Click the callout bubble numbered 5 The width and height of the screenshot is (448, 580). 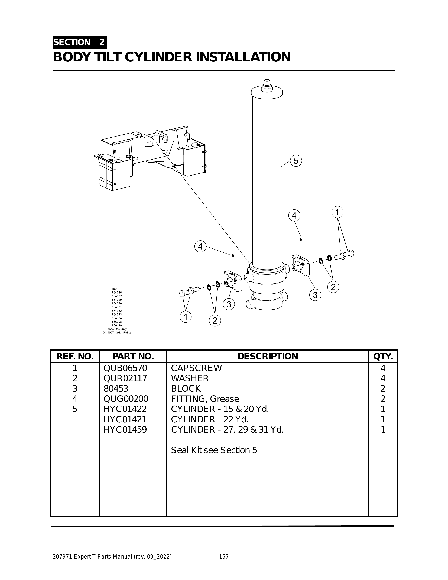tap(296, 161)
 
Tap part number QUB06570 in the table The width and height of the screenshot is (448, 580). tap(125, 368)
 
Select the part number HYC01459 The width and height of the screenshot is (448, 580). tap(125, 429)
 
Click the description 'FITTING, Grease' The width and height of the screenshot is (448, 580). tap(205, 399)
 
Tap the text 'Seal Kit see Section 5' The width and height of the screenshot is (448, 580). tap(214, 450)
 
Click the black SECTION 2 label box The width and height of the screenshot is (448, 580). tap(80, 42)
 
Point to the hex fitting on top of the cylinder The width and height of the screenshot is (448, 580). tap(266, 86)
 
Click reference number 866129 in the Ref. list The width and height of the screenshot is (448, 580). tap(117, 325)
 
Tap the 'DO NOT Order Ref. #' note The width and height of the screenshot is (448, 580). tap(117, 333)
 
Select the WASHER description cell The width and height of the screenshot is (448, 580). tap(190, 378)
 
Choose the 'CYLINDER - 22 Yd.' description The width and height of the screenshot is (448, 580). tap(210, 419)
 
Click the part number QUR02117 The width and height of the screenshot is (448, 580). tap(125, 378)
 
